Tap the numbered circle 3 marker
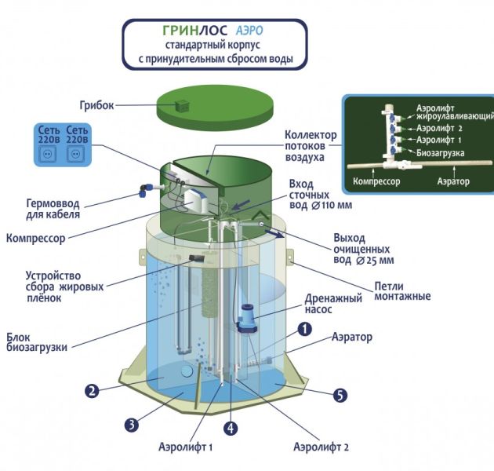point(131,424)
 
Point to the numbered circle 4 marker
point(231,429)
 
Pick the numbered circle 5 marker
point(339,395)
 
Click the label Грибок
point(98,104)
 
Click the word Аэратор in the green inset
point(452,181)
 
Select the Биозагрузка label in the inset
point(441,152)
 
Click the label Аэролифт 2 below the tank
point(321,447)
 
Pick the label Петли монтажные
point(401,290)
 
